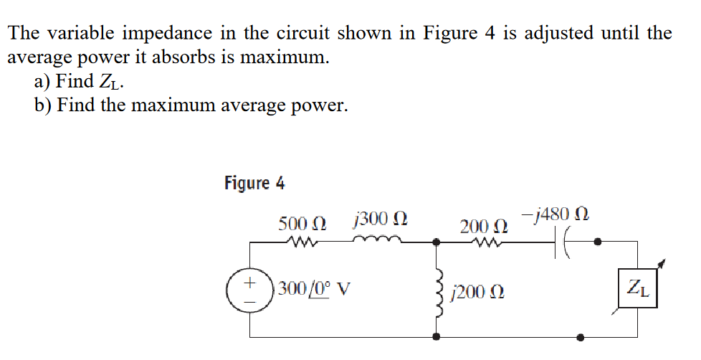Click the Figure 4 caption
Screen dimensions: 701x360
point(254,183)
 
